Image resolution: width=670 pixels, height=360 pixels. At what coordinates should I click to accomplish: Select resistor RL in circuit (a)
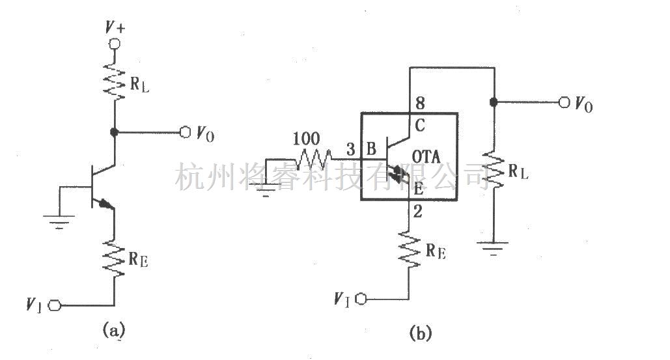pyautogui.click(x=115, y=79)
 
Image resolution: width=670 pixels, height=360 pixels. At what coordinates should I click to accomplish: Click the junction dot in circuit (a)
pyautogui.click(x=115, y=132)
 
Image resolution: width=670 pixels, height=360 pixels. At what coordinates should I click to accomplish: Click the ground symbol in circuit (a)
pyautogui.click(x=61, y=221)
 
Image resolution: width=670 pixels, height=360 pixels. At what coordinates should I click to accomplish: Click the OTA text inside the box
pyautogui.click(x=426, y=157)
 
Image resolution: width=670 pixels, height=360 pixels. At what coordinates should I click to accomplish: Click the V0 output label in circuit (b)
pyautogui.click(x=583, y=104)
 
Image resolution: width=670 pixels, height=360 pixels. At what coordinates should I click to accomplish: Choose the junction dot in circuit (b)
pyautogui.click(x=494, y=102)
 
